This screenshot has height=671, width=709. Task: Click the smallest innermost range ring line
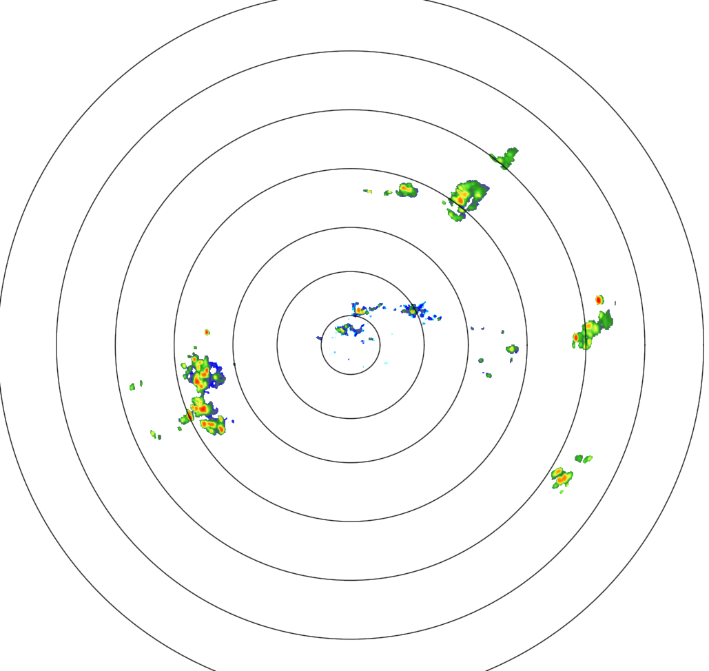tap(350, 316)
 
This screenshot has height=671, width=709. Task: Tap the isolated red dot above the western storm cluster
tap(207, 332)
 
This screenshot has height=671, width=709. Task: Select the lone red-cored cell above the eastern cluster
tap(599, 300)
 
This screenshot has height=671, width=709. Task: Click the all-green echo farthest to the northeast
tap(508, 158)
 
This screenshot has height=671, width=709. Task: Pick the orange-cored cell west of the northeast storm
tap(406, 189)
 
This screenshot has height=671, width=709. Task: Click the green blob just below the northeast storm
tap(455, 215)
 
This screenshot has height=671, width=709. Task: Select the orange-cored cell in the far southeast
tap(562, 476)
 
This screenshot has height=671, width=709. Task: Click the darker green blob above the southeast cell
tap(583, 458)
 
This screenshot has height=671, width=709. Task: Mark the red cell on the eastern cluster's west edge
tap(576, 338)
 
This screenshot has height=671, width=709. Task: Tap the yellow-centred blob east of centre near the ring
tap(512, 349)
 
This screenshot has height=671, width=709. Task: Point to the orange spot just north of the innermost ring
tap(359, 310)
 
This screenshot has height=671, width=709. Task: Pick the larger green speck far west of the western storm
tap(132, 386)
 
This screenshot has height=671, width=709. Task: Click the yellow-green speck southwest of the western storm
tap(153, 433)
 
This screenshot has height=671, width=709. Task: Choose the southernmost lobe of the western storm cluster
tap(213, 427)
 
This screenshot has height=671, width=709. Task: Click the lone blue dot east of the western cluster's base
tap(233, 420)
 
